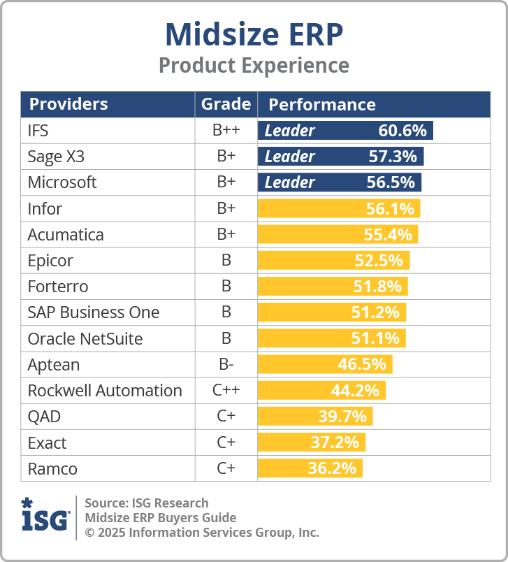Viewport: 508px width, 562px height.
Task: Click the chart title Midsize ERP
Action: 254,33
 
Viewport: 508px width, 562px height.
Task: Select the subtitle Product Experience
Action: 254,65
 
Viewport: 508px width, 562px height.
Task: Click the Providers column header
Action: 68,104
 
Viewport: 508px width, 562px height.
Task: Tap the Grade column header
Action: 226,104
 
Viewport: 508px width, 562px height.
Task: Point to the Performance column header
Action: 322,105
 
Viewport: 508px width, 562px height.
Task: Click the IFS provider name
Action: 38,131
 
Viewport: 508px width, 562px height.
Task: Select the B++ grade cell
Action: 226,131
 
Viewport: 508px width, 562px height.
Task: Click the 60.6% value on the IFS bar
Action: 402,131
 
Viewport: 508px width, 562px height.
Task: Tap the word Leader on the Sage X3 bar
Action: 289,157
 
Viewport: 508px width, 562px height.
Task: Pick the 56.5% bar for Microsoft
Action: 340,182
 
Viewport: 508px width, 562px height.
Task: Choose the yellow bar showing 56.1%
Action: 339,208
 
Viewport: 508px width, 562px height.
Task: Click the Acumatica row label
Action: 66,235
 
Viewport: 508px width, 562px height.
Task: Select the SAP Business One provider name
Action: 94,312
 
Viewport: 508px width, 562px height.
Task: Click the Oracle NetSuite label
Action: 85,339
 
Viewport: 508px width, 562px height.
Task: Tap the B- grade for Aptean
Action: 226,365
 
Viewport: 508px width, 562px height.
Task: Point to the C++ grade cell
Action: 226,391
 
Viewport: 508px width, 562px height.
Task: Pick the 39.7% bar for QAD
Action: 315,417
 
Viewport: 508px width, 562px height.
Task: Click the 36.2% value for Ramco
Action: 332,468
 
